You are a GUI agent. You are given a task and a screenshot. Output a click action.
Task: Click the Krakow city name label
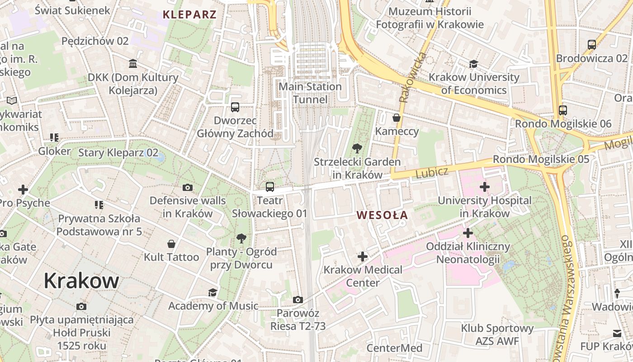click(x=81, y=281)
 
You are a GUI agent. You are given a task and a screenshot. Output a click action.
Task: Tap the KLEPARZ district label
click(x=189, y=14)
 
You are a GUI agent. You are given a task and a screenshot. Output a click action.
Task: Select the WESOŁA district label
click(x=382, y=215)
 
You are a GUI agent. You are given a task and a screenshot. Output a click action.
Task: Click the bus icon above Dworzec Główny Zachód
click(x=235, y=107)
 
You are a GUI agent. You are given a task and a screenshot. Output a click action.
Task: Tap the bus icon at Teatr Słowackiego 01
click(x=269, y=186)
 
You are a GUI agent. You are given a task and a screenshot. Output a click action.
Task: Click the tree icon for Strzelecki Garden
click(x=357, y=148)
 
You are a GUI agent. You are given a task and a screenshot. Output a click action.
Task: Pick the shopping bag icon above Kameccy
click(x=397, y=118)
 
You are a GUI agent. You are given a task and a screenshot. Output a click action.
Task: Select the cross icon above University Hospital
click(x=484, y=186)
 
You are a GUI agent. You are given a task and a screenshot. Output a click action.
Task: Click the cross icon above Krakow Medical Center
click(x=362, y=257)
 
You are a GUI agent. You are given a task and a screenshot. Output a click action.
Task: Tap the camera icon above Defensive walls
click(x=187, y=187)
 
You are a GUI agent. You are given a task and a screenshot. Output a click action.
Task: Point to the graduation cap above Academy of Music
click(x=213, y=292)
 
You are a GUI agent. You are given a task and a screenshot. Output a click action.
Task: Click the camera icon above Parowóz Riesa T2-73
click(x=298, y=300)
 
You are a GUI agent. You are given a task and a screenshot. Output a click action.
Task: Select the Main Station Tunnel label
click(x=310, y=93)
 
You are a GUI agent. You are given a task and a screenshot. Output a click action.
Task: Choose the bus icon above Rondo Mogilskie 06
click(x=563, y=110)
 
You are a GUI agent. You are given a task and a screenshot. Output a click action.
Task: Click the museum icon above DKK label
click(x=133, y=63)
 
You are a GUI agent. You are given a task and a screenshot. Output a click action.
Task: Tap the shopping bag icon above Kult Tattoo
click(x=171, y=244)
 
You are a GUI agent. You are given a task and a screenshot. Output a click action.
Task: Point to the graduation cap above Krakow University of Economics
click(x=473, y=64)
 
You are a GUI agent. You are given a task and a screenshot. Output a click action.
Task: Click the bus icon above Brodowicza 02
click(x=591, y=45)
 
